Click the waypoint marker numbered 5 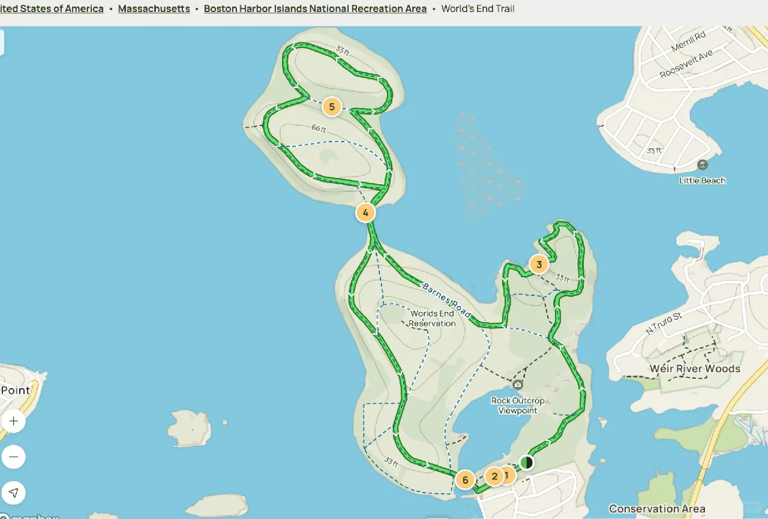click(x=331, y=107)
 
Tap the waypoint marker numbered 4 click(x=365, y=212)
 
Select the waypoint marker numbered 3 click(x=539, y=264)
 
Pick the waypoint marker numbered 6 click(x=464, y=480)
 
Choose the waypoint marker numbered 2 click(x=494, y=477)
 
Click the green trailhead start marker click(x=526, y=462)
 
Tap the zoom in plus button click(x=14, y=421)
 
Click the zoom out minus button click(x=14, y=457)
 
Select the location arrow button click(x=14, y=493)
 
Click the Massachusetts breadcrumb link click(x=154, y=9)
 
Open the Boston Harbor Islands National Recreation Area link click(x=315, y=9)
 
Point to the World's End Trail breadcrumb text click(x=478, y=9)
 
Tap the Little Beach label click(x=702, y=181)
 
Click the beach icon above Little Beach click(x=702, y=165)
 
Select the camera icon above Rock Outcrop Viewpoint click(x=518, y=385)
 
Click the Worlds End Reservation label click(x=432, y=319)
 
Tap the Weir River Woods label click(x=695, y=369)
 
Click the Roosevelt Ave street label click(x=686, y=64)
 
